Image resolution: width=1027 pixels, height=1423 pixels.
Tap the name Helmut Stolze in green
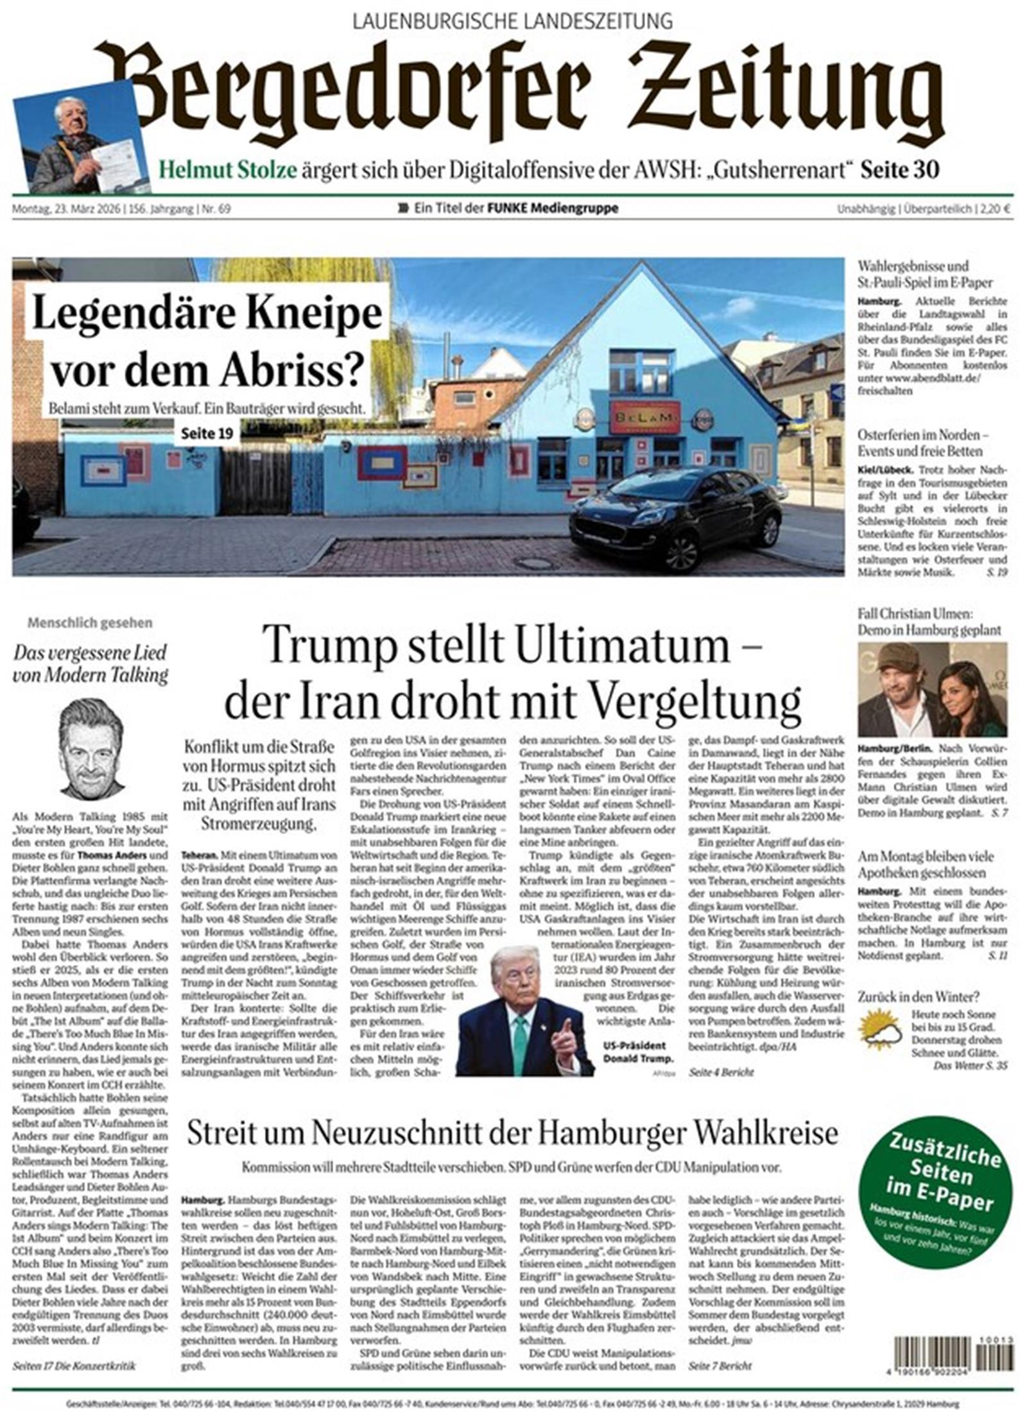tap(228, 170)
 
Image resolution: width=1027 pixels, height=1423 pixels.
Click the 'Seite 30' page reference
tap(900, 170)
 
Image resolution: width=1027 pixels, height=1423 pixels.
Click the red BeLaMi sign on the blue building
tap(644, 418)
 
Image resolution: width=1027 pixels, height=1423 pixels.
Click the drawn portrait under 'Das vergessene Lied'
tap(92, 748)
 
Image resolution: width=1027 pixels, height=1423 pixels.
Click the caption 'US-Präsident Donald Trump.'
tap(638, 1053)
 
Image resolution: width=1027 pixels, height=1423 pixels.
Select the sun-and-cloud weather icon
tap(881, 1028)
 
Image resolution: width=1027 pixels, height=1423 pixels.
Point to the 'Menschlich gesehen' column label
tap(90, 622)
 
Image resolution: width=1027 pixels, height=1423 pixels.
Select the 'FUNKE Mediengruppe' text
tap(553, 209)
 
